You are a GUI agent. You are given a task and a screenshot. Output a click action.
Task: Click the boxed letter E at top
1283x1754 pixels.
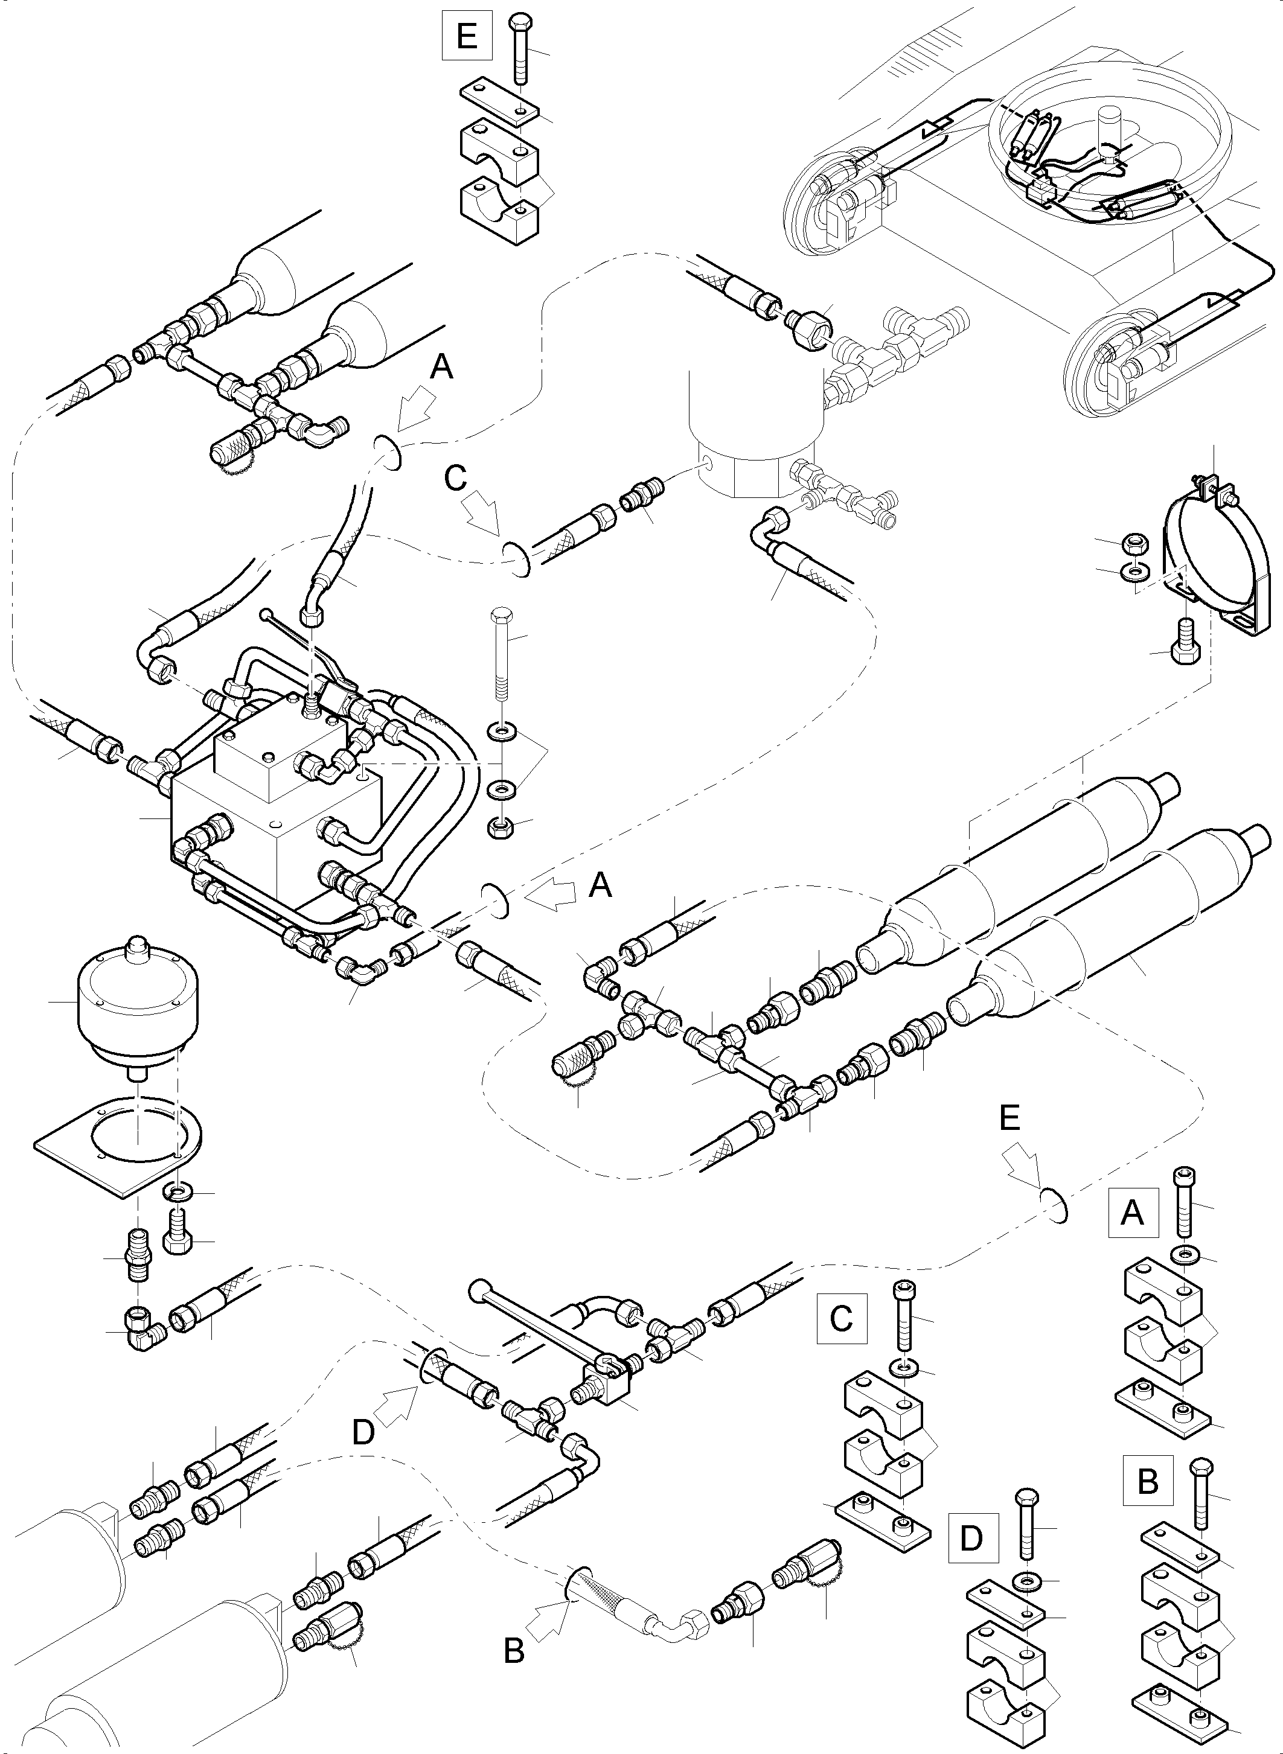467,36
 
